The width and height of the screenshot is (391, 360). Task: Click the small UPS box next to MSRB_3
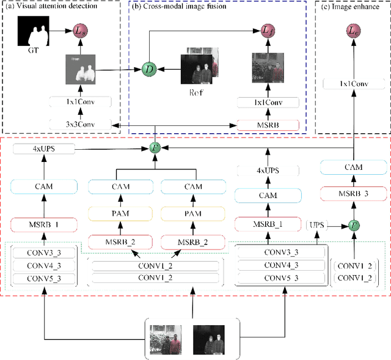point(316,226)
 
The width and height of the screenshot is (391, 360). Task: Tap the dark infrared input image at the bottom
point(208,338)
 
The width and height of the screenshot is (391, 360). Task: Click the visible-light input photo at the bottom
point(169,338)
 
